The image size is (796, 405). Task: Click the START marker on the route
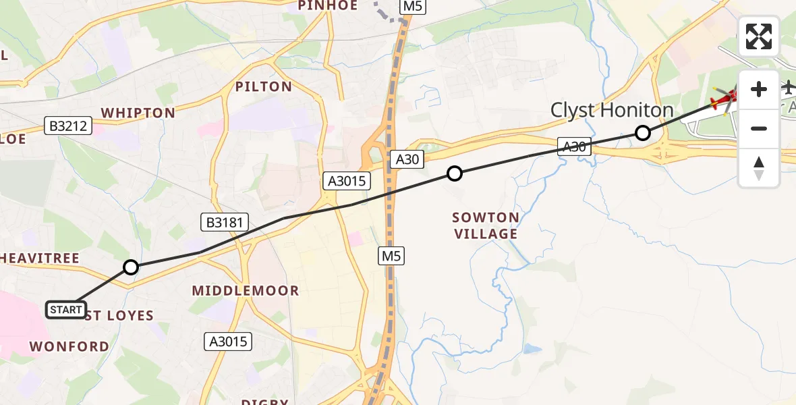click(66, 310)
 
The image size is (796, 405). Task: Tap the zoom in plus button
click(759, 89)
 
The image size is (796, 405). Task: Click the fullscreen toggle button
click(759, 36)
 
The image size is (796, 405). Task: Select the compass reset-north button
click(759, 167)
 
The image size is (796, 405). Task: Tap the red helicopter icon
click(725, 99)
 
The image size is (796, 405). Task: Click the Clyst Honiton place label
click(612, 110)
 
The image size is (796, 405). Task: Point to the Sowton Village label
click(486, 225)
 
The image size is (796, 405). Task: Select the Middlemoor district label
click(246, 291)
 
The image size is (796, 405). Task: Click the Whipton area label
click(138, 113)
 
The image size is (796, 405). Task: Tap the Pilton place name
click(264, 86)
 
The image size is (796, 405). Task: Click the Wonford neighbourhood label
click(69, 346)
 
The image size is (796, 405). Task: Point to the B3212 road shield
click(68, 126)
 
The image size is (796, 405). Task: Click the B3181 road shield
click(225, 221)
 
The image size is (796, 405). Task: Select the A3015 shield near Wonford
click(229, 342)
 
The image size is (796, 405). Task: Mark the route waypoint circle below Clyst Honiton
click(643, 133)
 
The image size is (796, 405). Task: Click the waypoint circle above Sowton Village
click(455, 174)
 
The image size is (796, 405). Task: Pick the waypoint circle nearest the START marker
click(131, 267)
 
